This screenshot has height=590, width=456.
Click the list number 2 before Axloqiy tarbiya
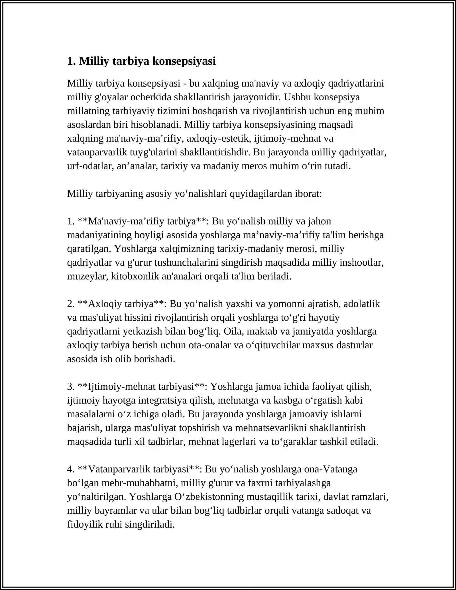(70, 304)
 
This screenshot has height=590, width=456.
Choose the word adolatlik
(362, 304)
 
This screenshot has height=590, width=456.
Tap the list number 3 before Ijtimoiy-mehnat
(70, 386)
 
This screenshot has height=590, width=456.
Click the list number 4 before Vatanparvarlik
(70, 469)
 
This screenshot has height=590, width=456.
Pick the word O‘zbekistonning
(209, 497)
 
